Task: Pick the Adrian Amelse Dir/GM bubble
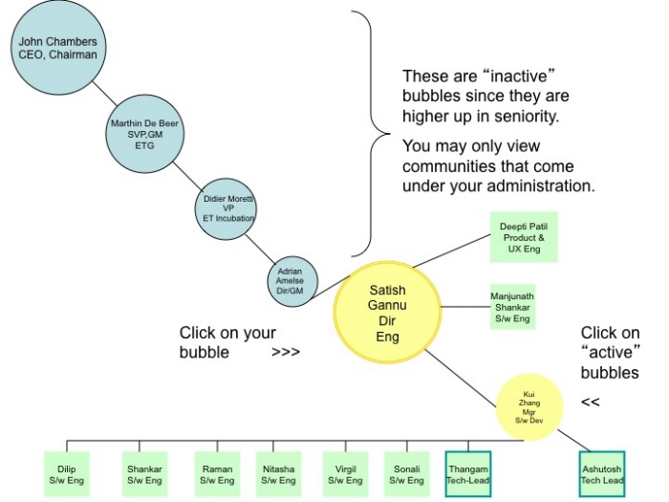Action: coord(292,280)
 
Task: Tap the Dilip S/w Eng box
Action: coord(67,474)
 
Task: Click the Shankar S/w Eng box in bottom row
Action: coord(143,474)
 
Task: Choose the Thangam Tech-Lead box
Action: coord(468,474)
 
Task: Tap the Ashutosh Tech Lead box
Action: coord(602,474)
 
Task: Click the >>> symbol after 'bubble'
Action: coord(286,352)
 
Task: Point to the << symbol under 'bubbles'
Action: coord(590,403)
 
